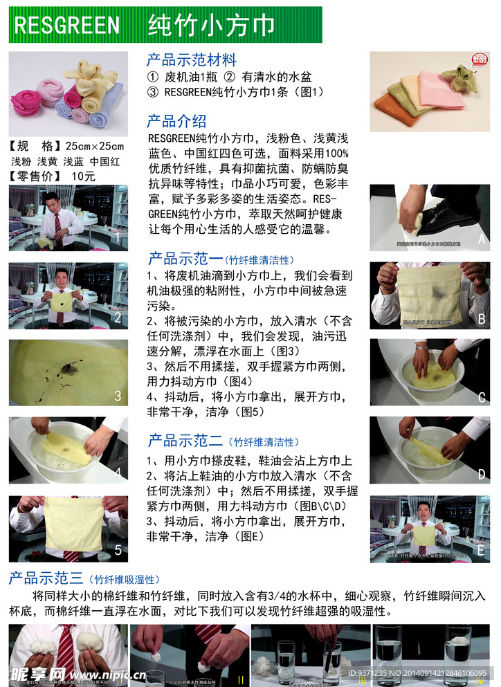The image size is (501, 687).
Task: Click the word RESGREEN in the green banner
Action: [x=67, y=26]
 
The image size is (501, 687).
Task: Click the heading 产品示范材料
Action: [x=192, y=60]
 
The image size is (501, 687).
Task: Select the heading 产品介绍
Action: [x=176, y=121]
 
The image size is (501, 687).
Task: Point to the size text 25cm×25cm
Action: [x=95, y=146]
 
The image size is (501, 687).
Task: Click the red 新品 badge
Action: [x=481, y=61]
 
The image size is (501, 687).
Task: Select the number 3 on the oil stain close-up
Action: [x=118, y=396]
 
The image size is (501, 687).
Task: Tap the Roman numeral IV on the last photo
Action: [x=480, y=679]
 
